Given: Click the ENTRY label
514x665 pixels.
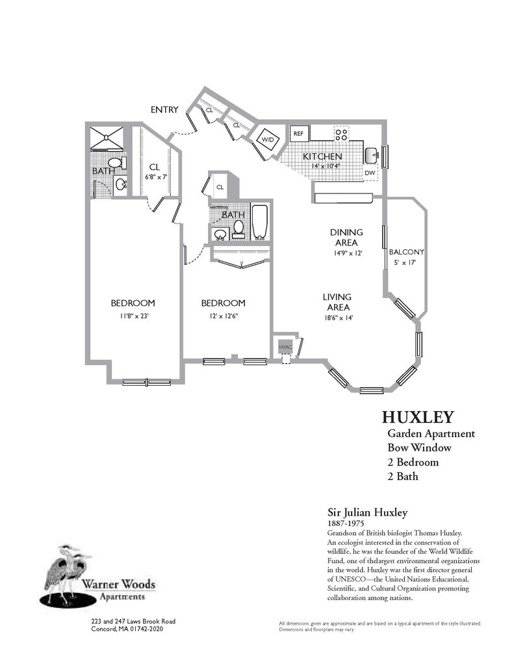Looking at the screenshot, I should pyautogui.click(x=164, y=110).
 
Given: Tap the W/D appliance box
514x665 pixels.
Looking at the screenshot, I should pyautogui.click(x=268, y=139).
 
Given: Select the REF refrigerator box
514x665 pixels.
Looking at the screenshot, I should pyautogui.click(x=299, y=134).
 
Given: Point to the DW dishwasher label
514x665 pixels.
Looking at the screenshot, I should pyautogui.click(x=369, y=173).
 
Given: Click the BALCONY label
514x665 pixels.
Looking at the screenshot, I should pyautogui.click(x=406, y=252).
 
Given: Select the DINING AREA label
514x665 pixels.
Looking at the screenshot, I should pyautogui.click(x=346, y=238).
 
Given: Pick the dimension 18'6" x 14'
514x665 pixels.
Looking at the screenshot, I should pyautogui.click(x=337, y=318).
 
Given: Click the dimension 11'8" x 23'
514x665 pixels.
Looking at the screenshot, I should pyautogui.click(x=133, y=316).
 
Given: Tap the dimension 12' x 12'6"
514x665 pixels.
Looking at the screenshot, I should pyautogui.click(x=223, y=316).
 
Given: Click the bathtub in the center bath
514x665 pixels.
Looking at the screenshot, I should pyautogui.click(x=260, y=223).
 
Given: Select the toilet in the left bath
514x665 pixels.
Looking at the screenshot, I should pyautogui.click(x=116, y=162).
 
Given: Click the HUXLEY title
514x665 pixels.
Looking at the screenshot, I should pyautogui.click(x=417, y=416).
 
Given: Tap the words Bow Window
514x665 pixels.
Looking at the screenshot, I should pyautogui.click(x=420, y=448).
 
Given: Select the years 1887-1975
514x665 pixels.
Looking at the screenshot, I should pyautogui.click(x=344, y=522).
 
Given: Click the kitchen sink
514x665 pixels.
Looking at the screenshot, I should pyautogui.click(x=371, y=155).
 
